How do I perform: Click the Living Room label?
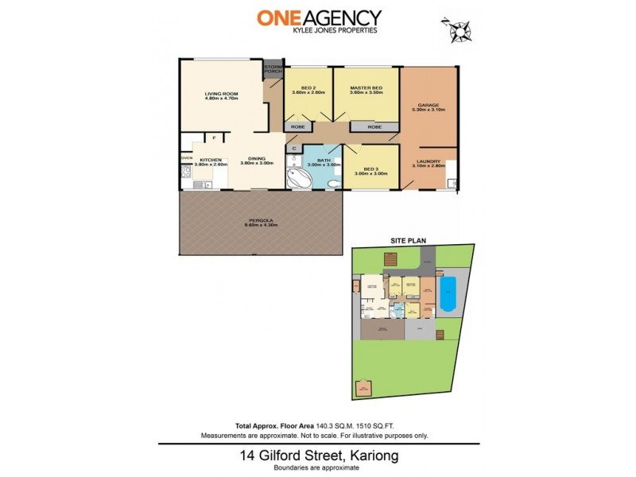(221, 93)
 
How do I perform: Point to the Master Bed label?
(366, 88)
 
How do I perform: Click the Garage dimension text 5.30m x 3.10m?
(429, 109)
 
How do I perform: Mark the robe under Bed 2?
(298, 127)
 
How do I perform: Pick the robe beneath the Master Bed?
(374, 127)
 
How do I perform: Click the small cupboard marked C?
(293, 148)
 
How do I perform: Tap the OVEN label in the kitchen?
(186, 158)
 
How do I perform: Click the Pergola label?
(256, 222)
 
